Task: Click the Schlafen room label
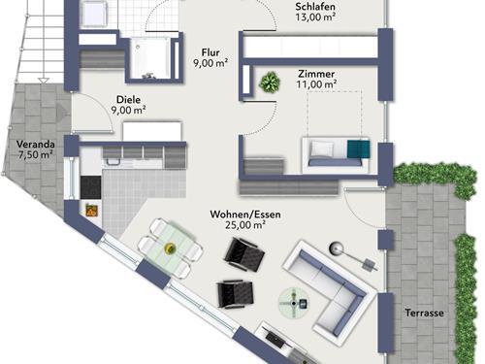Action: (x=315, y=7)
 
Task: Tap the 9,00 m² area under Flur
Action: (x=210, y=63)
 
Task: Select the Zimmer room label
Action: (x=316, y=74)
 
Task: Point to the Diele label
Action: (x=128, y=99)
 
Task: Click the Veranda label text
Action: (x=36, y=144)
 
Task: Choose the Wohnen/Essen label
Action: (x=245, y=215)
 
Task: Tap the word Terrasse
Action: (x=424, y=313)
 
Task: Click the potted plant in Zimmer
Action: (x=270, y=82)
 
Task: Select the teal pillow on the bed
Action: (x=358, y=149)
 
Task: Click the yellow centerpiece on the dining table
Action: (x=170, y=248)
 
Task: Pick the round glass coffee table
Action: (x=294, y=303)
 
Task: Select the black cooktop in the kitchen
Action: (x=90, y=187)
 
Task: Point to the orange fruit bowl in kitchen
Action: (x=91, y=210)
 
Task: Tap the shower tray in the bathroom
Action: (x=149, y=58)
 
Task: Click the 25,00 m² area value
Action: (x=245, y=225)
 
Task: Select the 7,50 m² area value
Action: (x=36, y=154)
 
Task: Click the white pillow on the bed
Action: (x=322, y=149)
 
